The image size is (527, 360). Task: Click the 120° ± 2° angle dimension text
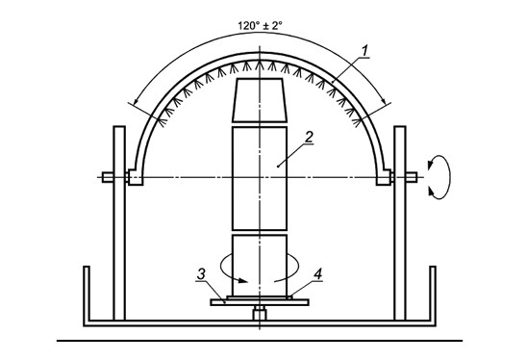click(260, 26)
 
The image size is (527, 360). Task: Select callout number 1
click(365, 51)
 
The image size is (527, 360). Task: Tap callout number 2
click(309, 137)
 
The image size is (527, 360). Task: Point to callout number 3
click(201, 274)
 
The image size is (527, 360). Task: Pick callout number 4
click(317, 274)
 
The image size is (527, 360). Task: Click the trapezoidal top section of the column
click(260, 100)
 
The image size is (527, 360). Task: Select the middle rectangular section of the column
click(260, 178)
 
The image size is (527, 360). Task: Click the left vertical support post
click(119, 222)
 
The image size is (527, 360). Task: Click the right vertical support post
click(400, 222)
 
